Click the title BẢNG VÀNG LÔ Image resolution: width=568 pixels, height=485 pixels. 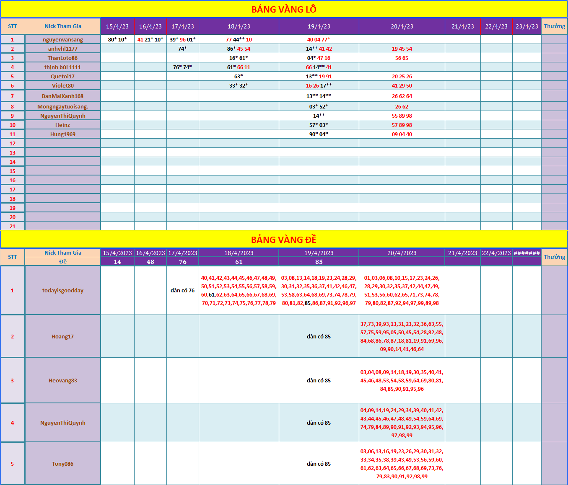284,9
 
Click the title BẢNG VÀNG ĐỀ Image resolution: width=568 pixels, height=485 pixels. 284,240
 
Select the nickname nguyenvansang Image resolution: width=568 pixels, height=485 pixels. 63,39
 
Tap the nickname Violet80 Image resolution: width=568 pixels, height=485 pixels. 63,85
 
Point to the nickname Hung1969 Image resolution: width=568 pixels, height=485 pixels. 63,134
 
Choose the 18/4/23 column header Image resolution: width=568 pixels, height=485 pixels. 239,26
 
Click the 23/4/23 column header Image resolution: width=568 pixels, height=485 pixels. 527,26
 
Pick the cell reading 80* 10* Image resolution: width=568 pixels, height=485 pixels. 117,39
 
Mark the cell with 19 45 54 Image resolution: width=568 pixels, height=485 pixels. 402,49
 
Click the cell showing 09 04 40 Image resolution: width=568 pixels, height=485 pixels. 402,134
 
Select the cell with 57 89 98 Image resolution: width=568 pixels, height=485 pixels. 402,125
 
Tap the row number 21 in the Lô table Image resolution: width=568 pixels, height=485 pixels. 13,226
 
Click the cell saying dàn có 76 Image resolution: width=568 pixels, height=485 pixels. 183,290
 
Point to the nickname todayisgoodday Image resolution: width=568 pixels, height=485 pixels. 63,290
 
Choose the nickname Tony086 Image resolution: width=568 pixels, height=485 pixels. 63,464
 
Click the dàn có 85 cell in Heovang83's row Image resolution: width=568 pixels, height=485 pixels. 319,380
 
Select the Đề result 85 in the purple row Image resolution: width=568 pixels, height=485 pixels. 319,262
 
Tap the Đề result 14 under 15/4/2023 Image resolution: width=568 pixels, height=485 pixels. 117,262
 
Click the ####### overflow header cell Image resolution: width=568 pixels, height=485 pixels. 527,253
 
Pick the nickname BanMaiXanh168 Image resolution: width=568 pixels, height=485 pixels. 63,96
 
